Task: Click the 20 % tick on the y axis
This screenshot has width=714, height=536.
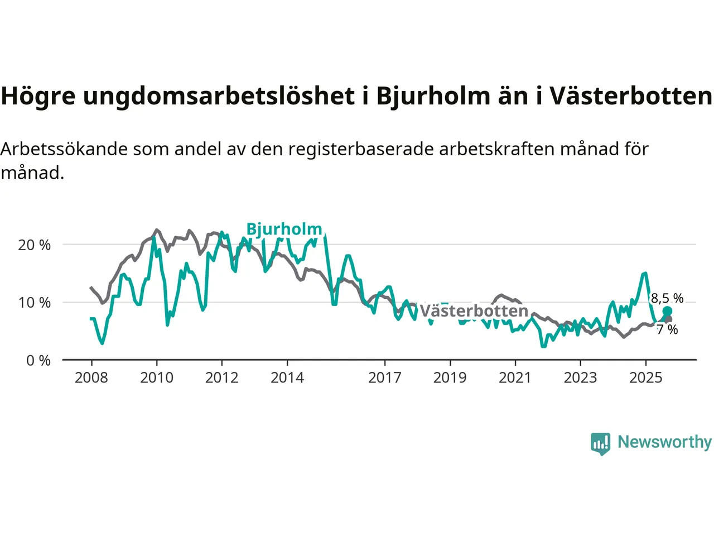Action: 35,245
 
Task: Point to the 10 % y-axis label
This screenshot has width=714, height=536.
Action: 35,303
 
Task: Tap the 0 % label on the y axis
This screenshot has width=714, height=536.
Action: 38,361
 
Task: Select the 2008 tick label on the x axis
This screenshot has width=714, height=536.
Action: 91,378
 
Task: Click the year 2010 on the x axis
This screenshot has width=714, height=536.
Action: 156,378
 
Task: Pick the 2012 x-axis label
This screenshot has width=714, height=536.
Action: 221,378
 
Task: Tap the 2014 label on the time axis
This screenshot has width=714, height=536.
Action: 287,378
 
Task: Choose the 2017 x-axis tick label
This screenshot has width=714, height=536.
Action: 384,378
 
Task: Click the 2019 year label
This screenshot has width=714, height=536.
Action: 450,378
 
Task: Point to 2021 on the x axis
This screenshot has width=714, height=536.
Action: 515,378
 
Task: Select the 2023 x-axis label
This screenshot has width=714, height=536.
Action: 580,378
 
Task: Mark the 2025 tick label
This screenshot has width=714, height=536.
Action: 645,378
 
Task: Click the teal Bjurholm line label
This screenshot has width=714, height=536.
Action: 284,229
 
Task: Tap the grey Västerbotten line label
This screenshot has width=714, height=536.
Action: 474,311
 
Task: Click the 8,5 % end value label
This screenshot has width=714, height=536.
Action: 667,298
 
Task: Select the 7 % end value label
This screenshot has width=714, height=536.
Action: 667,329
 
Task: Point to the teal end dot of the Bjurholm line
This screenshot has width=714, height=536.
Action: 667,311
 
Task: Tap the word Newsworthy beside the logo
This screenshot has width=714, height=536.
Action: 664,442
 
